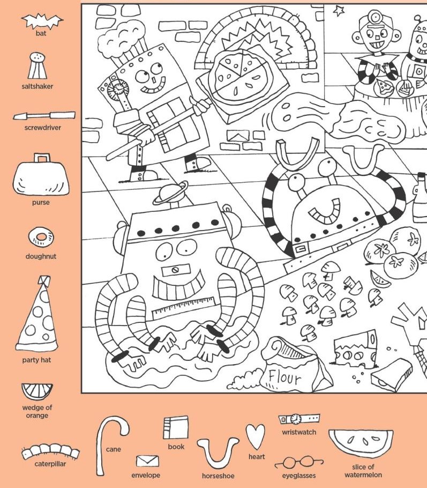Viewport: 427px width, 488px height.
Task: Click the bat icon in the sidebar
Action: point(42,21)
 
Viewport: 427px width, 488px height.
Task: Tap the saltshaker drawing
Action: point(38,65)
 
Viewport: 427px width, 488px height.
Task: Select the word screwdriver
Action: point(43,128)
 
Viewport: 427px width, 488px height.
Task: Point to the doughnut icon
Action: point(41,237)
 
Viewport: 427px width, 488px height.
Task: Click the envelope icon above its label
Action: point(147,461)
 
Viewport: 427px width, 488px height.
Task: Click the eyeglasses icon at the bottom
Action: point(299,462)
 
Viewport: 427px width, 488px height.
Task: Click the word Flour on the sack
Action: point(284,378)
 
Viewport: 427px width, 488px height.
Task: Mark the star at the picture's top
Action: point(339,11)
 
